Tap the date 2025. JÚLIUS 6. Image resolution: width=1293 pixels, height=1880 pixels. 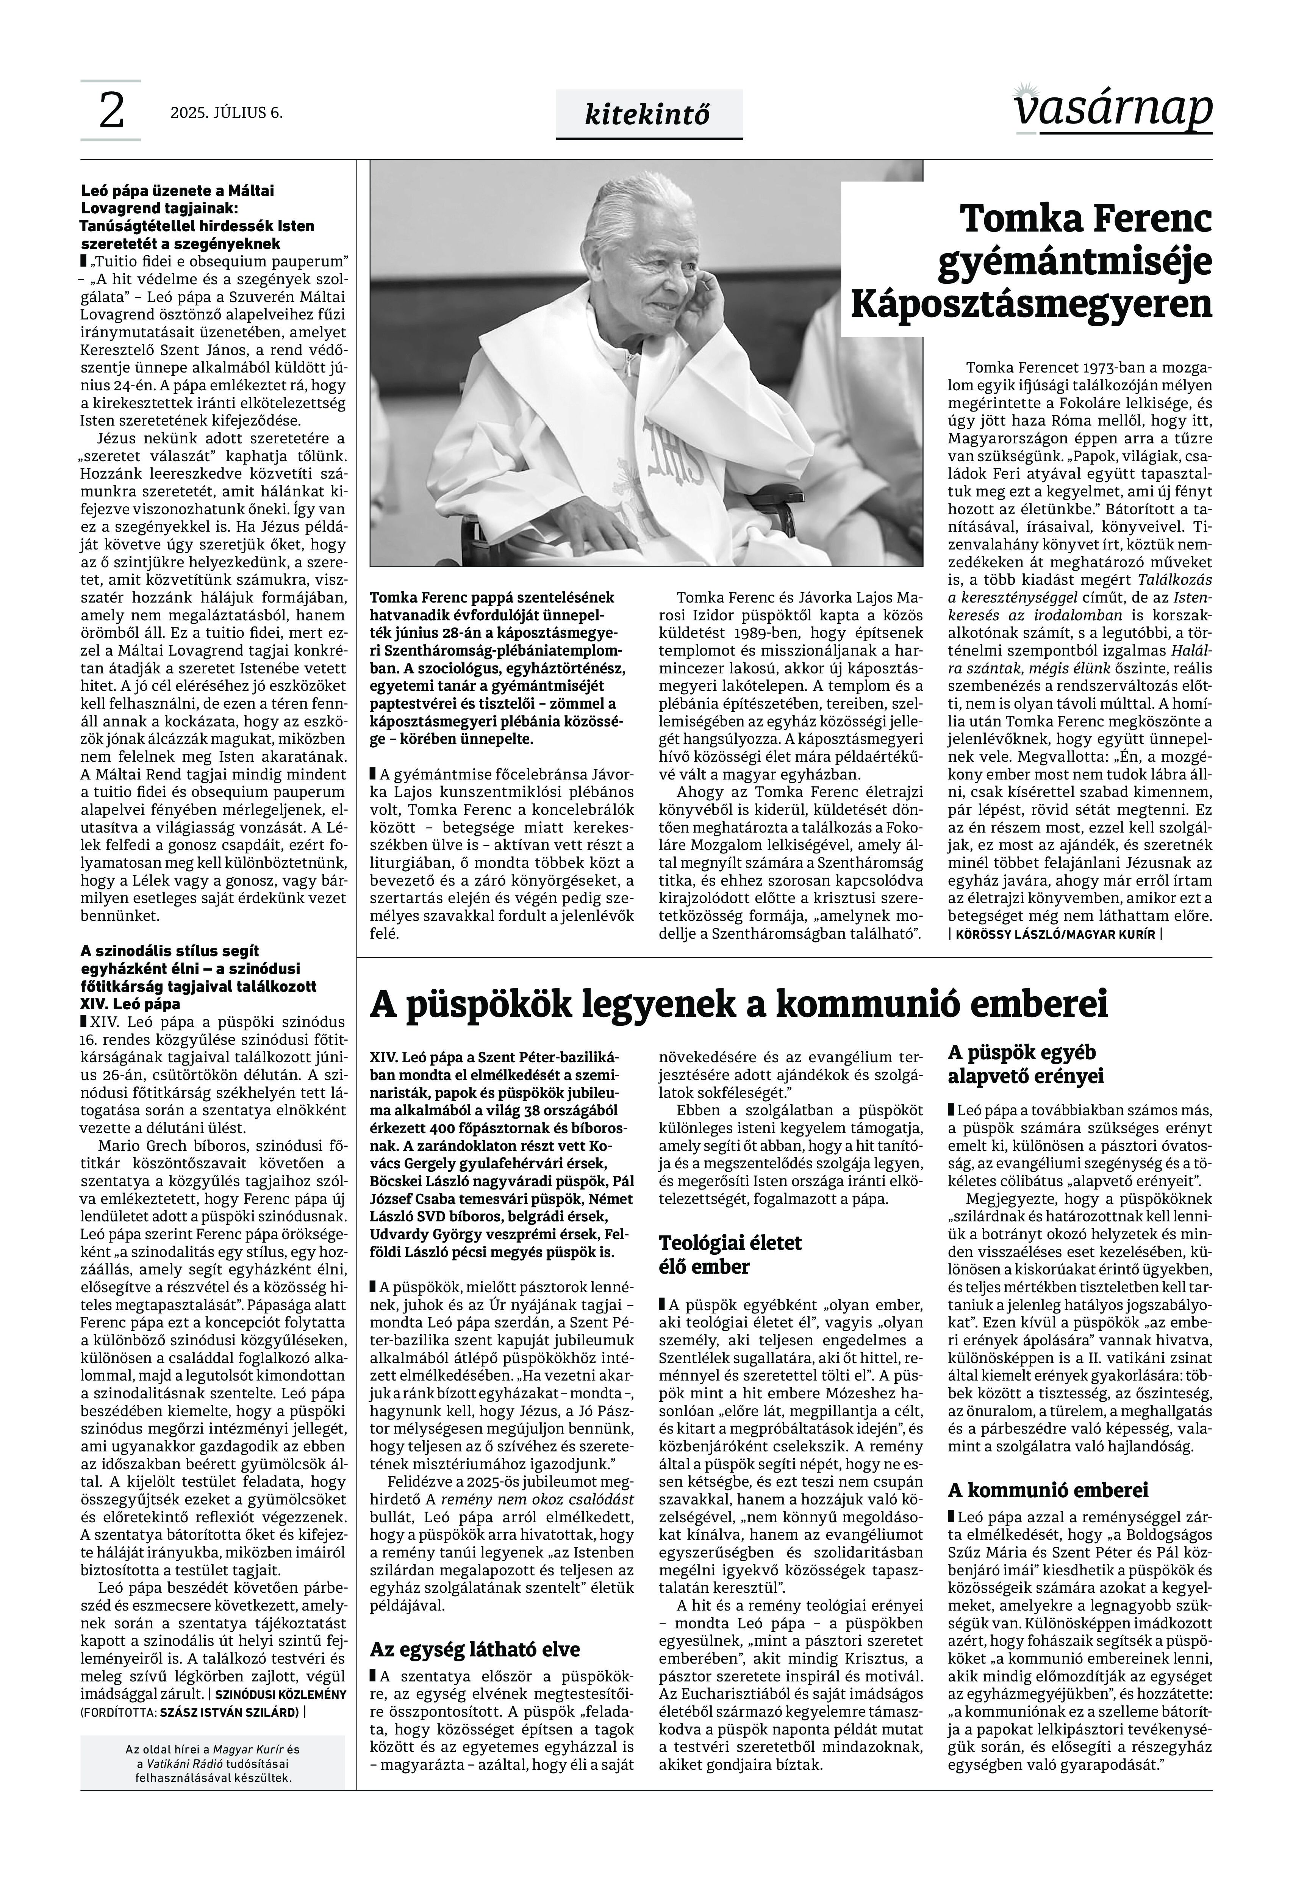pyautogui.click(x=227, y=113)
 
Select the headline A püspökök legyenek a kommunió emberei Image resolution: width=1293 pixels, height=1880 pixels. pyautogui.click(x=739, y=1005)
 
